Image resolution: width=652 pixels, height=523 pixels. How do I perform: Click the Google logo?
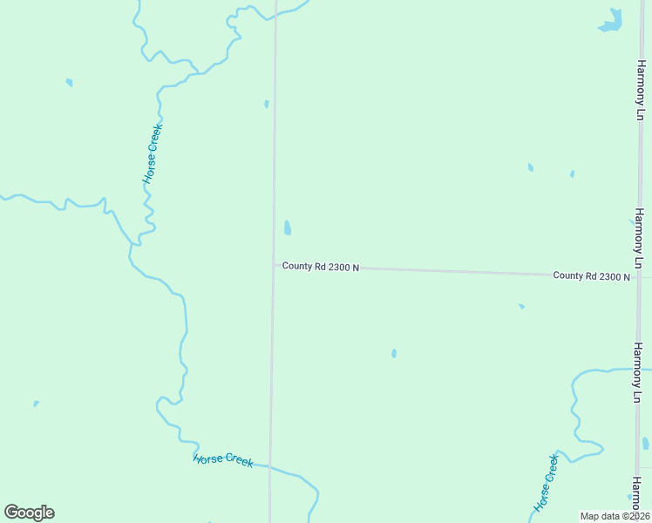29,513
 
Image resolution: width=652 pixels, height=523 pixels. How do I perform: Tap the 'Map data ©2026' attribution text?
615,516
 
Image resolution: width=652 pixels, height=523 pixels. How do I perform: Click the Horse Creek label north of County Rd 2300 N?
153,153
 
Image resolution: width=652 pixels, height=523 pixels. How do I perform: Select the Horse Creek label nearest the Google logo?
223,459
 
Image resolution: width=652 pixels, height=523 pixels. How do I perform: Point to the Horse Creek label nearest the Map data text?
546,482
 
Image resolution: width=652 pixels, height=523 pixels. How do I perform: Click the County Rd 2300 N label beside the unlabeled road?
321,267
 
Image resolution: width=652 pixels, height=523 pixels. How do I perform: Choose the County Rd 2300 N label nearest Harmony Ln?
591,275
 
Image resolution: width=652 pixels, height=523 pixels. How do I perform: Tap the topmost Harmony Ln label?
639,90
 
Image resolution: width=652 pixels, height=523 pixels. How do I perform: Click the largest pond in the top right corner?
611,21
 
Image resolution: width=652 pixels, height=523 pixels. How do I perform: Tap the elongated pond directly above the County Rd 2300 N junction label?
287,228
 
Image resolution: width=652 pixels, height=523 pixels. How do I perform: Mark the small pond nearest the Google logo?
36,404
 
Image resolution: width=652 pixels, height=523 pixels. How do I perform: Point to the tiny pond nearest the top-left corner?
69,83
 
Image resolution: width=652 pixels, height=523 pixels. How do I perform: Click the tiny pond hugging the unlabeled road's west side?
266,105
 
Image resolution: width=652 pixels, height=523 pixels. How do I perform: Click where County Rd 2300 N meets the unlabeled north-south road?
273,265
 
